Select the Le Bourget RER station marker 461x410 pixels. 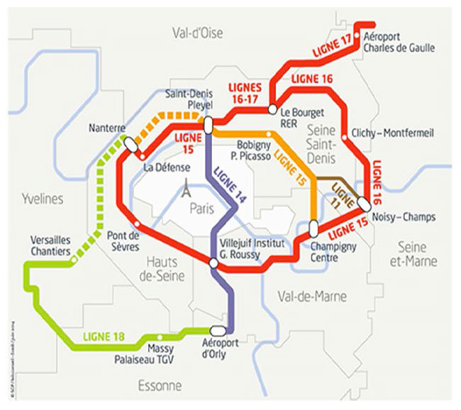pyautogui.click(x=272, y=109)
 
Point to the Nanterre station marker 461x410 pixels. pyautogui.click(x=130, y=143)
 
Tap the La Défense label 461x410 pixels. pyautogui.click(x=167, y=168)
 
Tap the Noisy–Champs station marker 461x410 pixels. pyautogui.click(x=364, y=202)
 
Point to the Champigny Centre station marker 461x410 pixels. pyautogui.click(x=313, y=229)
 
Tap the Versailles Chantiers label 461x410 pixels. pyautogui.click(x=50, y=245)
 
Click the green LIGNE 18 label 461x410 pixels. pyautogui.click(x=104, y=336)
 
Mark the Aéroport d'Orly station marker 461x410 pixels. pyautogui.click(x=218, y=330)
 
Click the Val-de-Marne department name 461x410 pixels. pyautogui.click(x=313, y=297)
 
